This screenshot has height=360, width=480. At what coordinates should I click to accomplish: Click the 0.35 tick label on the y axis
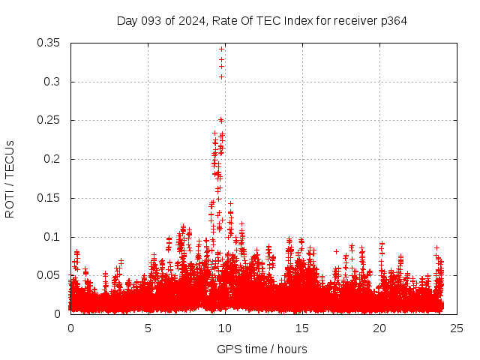[49, 43]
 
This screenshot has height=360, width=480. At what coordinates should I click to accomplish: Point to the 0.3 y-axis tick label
[52, 82]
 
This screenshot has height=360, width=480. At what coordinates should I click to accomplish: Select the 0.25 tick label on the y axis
[49, 120]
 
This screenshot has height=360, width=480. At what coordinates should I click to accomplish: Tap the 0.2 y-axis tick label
[52, 159]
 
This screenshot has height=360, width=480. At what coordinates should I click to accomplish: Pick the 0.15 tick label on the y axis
[49, 198]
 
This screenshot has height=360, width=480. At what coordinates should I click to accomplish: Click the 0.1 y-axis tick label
[52, 237]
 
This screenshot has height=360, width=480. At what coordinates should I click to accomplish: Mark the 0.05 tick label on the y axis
[49, 275]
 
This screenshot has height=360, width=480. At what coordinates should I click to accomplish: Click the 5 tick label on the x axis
[148, 328]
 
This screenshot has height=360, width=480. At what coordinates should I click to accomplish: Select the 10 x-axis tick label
[225, 328]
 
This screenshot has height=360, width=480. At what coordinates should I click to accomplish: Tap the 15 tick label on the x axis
[302, 328]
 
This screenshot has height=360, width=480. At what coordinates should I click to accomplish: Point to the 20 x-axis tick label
[379, 328]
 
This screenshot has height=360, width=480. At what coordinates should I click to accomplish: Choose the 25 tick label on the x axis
[457, 328]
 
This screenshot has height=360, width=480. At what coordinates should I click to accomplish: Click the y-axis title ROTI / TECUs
[10, 178]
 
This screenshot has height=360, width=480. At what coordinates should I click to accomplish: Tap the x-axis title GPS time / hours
[262, 349]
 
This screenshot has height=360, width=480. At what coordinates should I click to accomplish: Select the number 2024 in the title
[191, 20]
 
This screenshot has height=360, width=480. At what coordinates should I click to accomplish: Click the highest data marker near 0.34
[221, 49]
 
